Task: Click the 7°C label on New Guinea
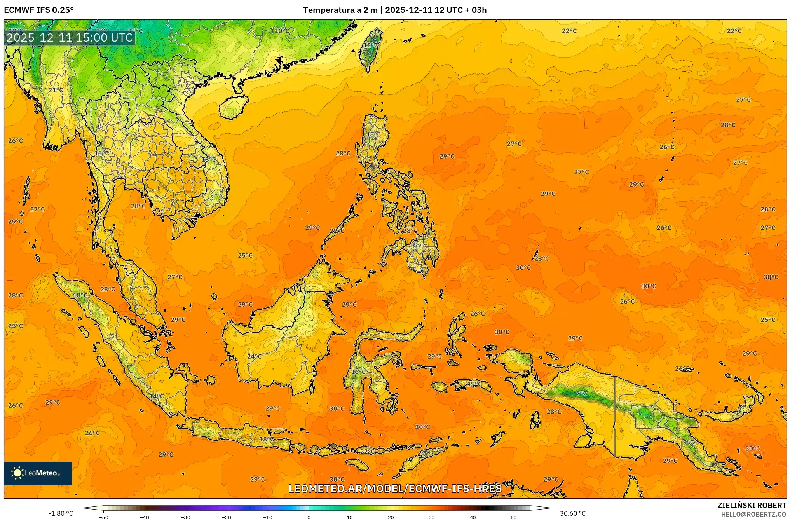pyautogui.click(x=581, y=393)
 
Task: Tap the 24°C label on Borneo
pyautogui.click(x=254, y=356)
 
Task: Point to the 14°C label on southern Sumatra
pyautogui.click(x=157, y=396)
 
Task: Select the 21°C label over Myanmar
pyautogui.click(x=56, y=90)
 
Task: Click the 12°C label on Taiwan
pyautogui.click(x=370, y=45)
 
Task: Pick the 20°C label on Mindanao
pyautogui.click(x=419, y=246)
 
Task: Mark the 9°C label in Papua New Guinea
pyautogui.click(x=688, y=442)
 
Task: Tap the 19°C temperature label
pyautogui.click(x=474, y=384)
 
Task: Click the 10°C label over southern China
pyautogui.click(x=282, y=31)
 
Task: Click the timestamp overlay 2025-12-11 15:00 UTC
pyautogui.click(x=70, y=38)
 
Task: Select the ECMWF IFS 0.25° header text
pyautogui.click(x=39, y=10)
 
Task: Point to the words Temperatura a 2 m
pyautogui.click(x=340, y=10)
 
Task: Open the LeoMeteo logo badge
pyautogui.click(x=38, y=473)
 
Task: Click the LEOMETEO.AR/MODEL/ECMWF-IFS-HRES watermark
pyautogui.click(x=395, y=489)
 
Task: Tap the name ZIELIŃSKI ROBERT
pyautogui.click(x=752, y=505)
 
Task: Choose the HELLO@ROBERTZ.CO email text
pyautogui.click(x=753, y=514)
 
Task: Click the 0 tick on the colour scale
pyautogui.click(x=309, y=517)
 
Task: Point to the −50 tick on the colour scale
pyautogui.click(x=104, y=517)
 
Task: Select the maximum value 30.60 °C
pyautogui.click(x=572, y=513)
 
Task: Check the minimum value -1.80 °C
pyautogui.click(x=61, y=513)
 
